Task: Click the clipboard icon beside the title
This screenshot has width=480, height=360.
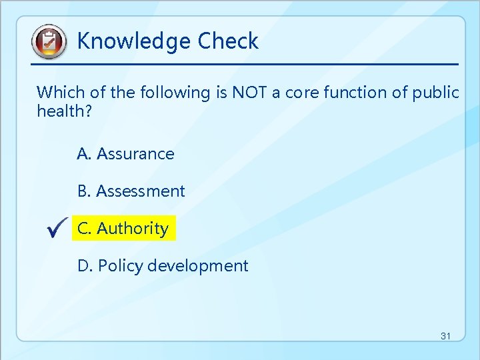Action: (x=49, y=42)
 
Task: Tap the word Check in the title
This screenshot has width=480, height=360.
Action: (x=228, y=41)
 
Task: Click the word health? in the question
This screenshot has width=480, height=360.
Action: (x=63, y=111)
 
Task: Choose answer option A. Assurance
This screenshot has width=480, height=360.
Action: (x=125, y=154)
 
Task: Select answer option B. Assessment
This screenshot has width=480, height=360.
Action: (x=131, y=191)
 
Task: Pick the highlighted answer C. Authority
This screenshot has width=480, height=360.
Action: (x=123, y=229)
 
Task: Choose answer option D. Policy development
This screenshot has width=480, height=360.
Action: (x=163, y=266)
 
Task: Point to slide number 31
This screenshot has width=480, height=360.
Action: (x=445, y=336)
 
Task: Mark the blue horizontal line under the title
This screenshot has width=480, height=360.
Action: (x=245, y=64)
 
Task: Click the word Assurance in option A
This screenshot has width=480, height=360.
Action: (x=135, y=154)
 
